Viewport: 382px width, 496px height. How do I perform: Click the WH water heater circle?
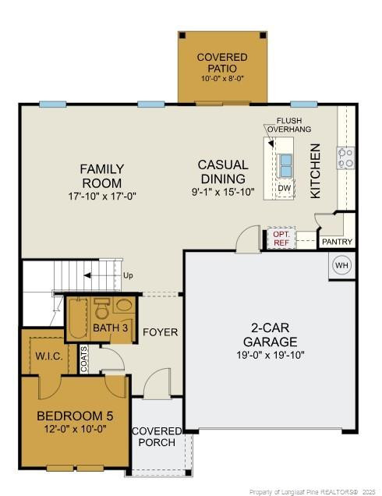click(x=341, y=265)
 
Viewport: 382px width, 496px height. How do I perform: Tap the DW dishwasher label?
click(x=285, y=188)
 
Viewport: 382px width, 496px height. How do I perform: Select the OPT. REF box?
click(x=281, y=239)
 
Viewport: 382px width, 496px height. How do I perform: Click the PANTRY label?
click(x=337, y=242)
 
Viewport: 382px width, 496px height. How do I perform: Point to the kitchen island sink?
click(x=285, y=165)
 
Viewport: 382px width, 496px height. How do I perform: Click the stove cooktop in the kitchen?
click(x=345, y=158)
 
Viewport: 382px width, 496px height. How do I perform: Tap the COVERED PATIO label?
click(x=222, y=63)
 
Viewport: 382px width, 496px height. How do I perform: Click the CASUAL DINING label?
click(x=222, y=172)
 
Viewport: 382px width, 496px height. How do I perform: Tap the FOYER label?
click(x=160, y=332)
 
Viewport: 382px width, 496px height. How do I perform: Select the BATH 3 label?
click(x=110, y=328)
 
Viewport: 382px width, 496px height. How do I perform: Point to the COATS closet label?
click(x=84, y=358)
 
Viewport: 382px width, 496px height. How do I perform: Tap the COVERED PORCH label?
click(x=157, y=437)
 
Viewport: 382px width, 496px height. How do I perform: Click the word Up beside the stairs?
click(x=128, y=275)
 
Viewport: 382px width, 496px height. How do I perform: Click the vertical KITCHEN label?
click(x=316, y=170)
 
